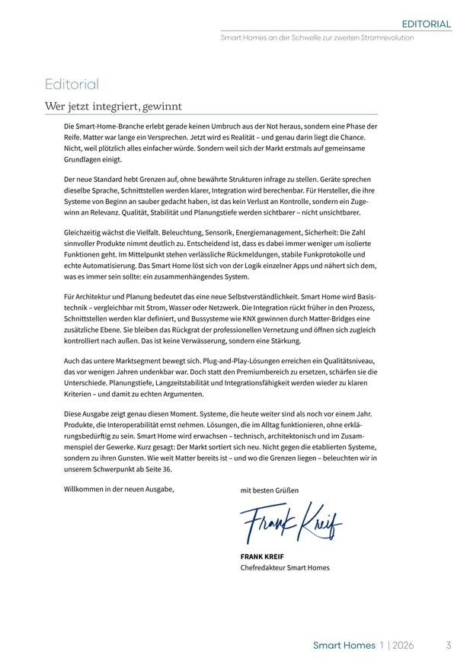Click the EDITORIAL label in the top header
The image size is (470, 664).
point(427,24)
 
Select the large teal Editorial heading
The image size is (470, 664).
point(72,84)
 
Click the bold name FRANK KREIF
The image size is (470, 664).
point(262,556)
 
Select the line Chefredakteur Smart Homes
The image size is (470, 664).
point(285,567)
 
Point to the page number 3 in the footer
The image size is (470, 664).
point(449,645)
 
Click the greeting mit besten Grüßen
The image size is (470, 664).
point(270,490)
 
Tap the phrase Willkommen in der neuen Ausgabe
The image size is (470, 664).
point(119,488)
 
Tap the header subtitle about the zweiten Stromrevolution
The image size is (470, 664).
point(317,37)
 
